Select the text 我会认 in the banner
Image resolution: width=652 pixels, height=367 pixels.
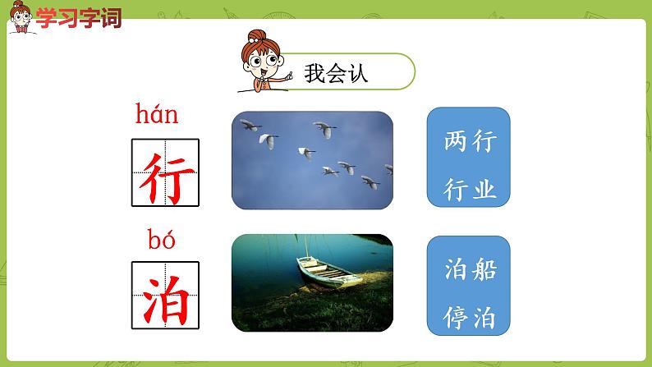tap(336, 72)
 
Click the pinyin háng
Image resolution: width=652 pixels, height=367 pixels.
tap(156, 114)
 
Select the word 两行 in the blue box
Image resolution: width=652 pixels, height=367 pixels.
tap(469, 142)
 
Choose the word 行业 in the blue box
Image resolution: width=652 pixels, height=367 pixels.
tap(469, 190)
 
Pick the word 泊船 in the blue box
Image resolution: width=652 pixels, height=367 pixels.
tap(469, 268)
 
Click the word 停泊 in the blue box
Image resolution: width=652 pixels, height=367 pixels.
tap(469, 316)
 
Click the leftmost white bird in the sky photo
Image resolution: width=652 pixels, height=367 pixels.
tap(246, 125)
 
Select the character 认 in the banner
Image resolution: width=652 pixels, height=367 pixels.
tap(357, 72)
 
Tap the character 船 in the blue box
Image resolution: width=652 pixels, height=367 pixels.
tap(484, 268)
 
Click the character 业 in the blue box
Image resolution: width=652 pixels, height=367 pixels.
tap(484, 190)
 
